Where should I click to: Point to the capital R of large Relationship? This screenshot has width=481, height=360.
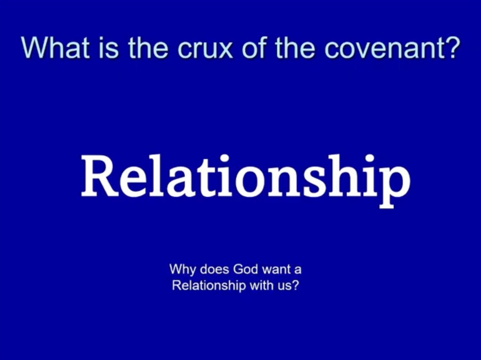100,177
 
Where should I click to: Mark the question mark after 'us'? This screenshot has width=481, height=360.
295,285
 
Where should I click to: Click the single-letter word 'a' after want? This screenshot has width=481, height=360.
298,271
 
